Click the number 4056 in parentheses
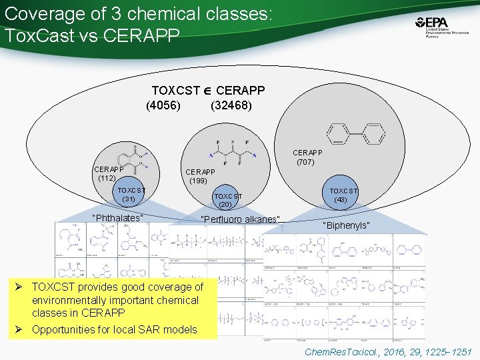pyautogui.click(x=163, y=105)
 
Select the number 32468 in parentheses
pyautogui.click(x=231, y=105)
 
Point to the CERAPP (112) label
pyautogui.click(x=107, y=173)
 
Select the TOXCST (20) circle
pyautogui.click(x=228, y=200)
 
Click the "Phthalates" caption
pyautogui.click(x=117, y=218)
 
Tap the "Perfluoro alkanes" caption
pyautogui.click(x=241, y=219)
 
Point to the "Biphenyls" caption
pyautogui.click(x=346, y=226)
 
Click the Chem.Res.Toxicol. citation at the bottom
pyautogui.click(x=387, y=351)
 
